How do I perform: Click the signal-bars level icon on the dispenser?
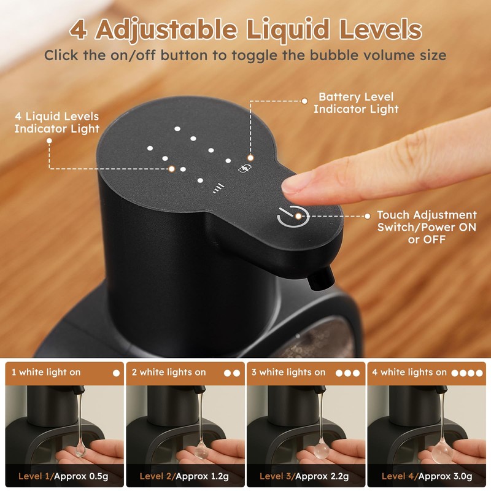coord(217,188)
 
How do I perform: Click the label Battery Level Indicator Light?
coord(356,103)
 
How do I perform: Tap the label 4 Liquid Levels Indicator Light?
coord(56,122)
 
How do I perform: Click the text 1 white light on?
coord(46,373)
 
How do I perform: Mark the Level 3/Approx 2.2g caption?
coord(303,476)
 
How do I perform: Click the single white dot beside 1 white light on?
coord(115,373)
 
